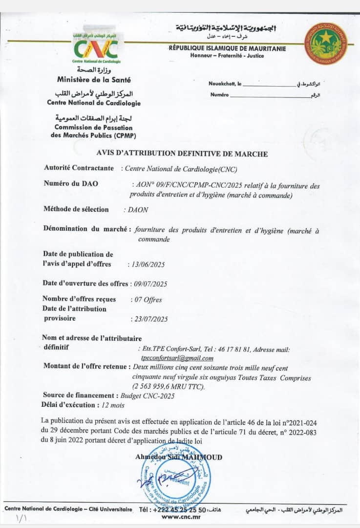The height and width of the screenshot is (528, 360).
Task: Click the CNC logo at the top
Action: click(x=96, y=47)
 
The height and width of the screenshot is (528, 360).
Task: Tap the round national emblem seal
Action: click(x=326, y=43)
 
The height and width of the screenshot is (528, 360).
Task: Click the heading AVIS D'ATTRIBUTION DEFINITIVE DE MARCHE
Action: click(x=180, y=154)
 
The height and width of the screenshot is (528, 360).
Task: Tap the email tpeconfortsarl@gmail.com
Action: click(x=177, y=358)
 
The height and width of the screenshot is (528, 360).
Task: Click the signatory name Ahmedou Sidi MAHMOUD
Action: click(x=179, y=458)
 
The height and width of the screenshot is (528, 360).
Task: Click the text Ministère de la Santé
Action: click(x=94, y=79)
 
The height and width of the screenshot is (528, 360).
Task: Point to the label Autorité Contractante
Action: click(x=79, y=167)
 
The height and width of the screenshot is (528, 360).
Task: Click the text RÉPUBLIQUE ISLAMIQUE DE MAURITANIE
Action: click(x=227, y=48)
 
